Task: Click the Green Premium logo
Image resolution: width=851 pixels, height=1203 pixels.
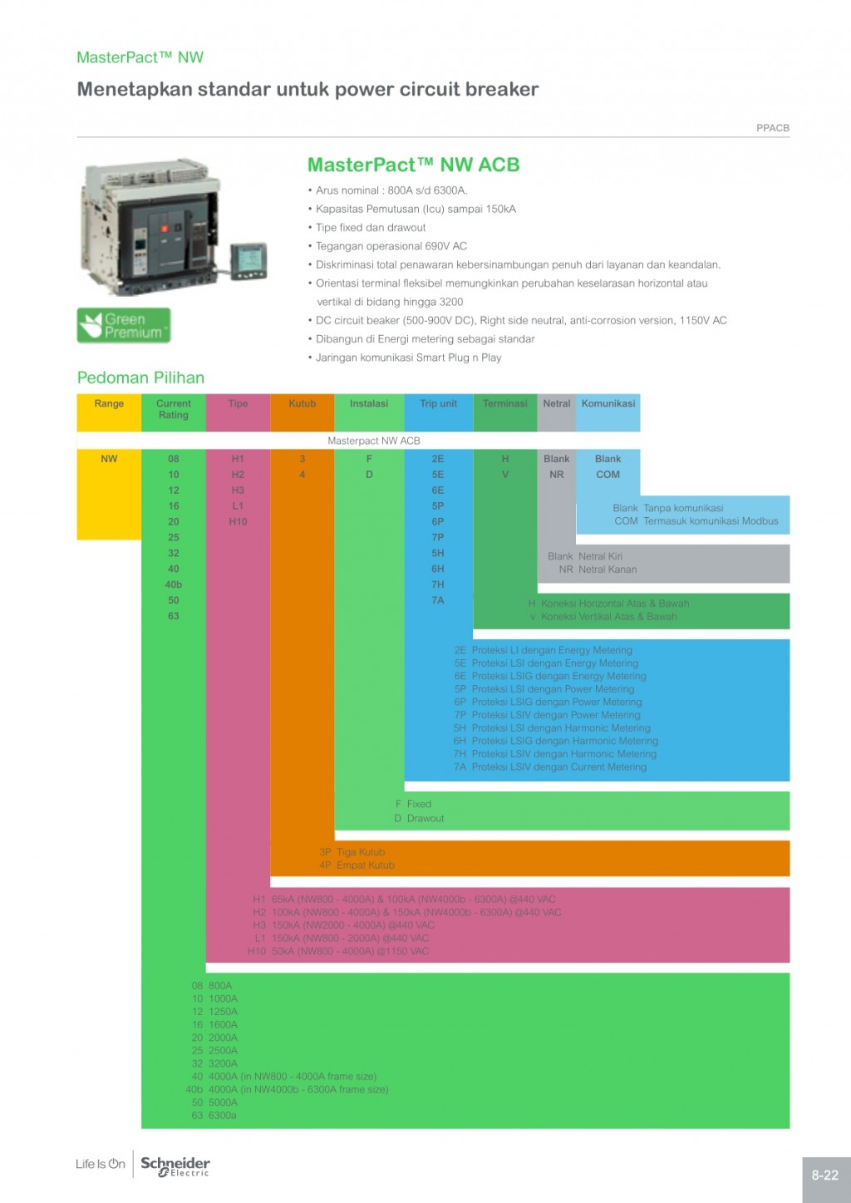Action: pyautogui.click(x=124, y=325)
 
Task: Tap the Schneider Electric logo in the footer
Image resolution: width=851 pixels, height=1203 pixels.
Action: pyautogui.click(x=175, y=1166)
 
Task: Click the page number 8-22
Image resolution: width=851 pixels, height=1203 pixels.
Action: pyautogui.click(x=824, y=1175)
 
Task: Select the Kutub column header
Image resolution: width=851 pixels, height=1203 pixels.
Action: pyautogui.click(x=302, y=404)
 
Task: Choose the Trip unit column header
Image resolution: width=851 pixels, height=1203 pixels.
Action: pyautogui.click(x=438, y=404)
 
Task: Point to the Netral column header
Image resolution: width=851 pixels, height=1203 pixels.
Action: pyautogui.click(x=556, y=404)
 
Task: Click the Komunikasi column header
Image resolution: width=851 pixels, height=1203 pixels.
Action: pyautogui.click(x=608, y=404)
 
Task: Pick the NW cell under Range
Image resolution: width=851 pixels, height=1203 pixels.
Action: pyautogui.click(x=109, y=459)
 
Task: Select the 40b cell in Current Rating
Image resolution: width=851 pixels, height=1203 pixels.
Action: pyautogui.click(x=173, y=584)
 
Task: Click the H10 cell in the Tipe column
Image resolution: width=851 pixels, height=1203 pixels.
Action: pyautogui.click(x=238, y=522)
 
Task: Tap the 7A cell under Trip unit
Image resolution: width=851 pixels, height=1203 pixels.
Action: pyautogui.click(x=437, y=600)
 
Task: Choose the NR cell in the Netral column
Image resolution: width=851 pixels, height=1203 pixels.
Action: pyautogui.click(x=556, y=475)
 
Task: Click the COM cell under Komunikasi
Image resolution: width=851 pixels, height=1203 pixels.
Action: pyautogui.click(x=608, y=475)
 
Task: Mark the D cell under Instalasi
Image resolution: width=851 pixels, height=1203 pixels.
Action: pyautogui.click(x=369, y=475)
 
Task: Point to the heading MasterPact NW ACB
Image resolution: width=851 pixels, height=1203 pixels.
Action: pyautogui.click(x=413, y=165)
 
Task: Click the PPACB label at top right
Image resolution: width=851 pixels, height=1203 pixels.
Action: pyautogui.click(x=772, y=128)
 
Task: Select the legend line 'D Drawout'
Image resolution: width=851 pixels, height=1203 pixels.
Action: pyautogui.click(x=420, y=818)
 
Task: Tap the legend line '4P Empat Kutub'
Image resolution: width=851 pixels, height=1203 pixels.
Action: pyautogui.click(x=357, y=865)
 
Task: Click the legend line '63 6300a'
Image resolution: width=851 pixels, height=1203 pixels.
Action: pyautogui.click(x=214, y=1116)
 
